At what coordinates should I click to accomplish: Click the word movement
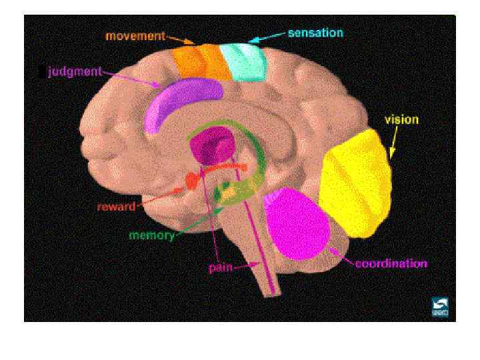[135, 35]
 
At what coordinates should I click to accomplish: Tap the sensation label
[315, 32]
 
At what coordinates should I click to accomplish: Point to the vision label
[401, 120]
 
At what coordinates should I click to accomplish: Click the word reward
[116, 207]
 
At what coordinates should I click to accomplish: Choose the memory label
[151, 235]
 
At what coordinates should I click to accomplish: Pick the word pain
[221, 268]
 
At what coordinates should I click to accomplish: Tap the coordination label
[391, 263]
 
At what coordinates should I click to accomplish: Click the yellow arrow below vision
[393, 143]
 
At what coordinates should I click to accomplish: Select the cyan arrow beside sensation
[266, 37]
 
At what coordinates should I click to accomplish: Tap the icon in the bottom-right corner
[440, 307]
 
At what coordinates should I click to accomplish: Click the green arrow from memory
[200, 221]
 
